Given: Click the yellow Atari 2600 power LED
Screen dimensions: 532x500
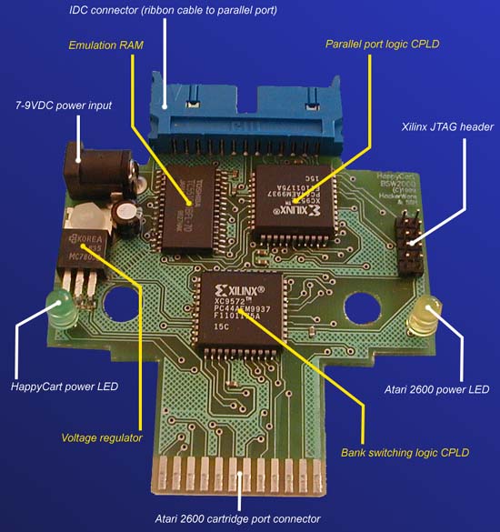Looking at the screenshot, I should pos(423,317).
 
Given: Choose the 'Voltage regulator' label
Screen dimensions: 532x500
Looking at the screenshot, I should pos(102,437).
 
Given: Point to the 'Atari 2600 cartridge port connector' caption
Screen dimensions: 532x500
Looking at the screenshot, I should pos(239,519).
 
